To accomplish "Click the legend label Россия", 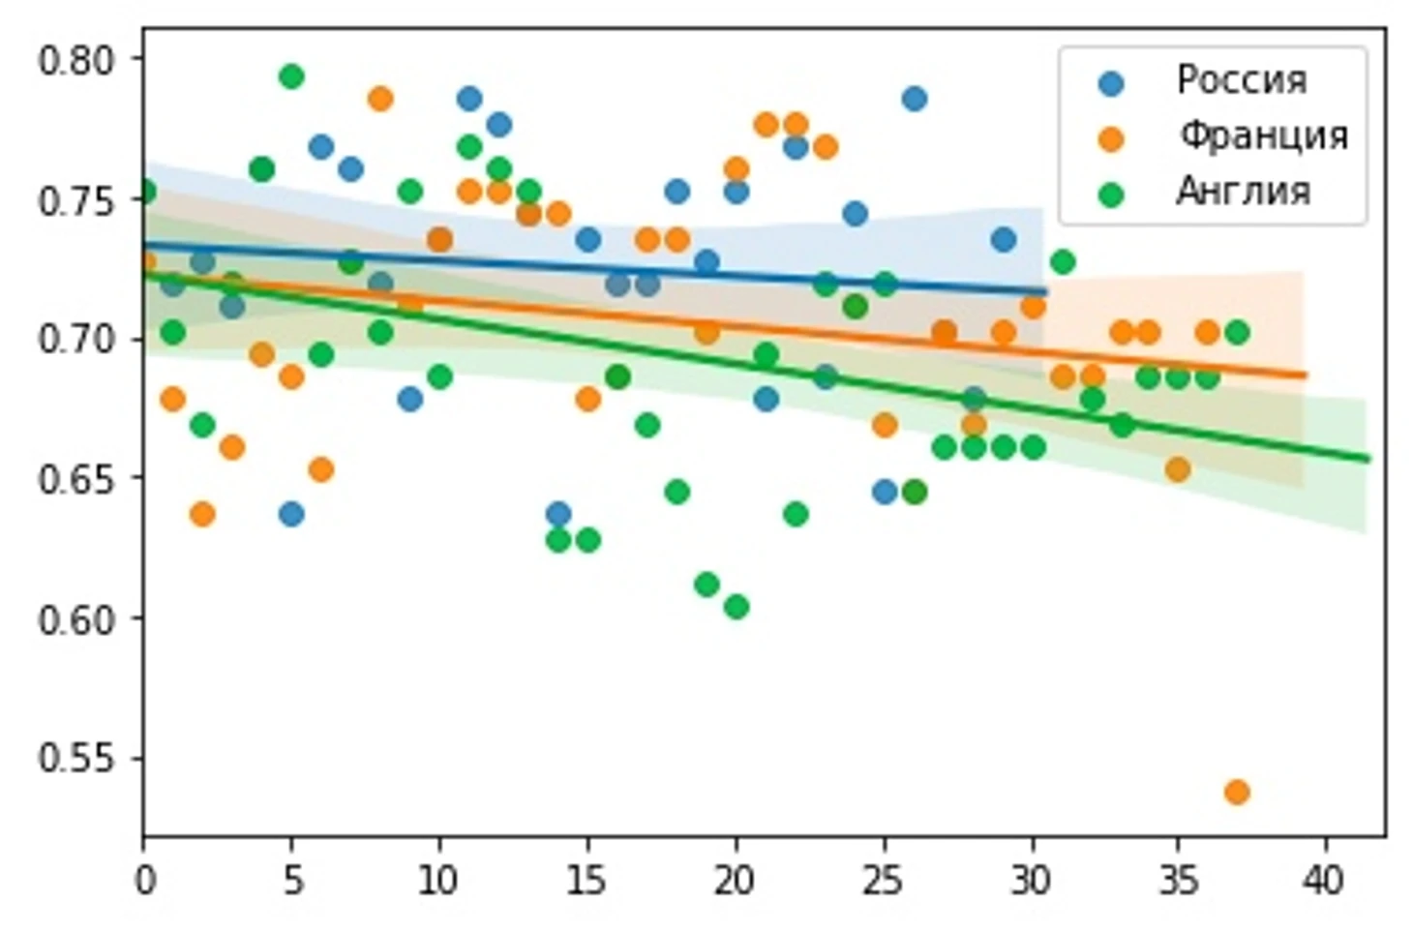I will pyautogui.click(x=1241, y=79).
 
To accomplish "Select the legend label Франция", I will pyautogui.click(x=1262, y=135).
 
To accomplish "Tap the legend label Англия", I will pyautogui.click(x=1243, y=192).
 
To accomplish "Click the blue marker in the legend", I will pyautogui.click(x=1112, y=82).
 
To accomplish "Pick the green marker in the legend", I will pyautogui.click(x=1112, y=195).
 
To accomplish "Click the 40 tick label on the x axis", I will pyautogui.click(x=1324, y=881).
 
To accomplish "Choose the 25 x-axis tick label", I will pyautogui.click(x=883, y=881).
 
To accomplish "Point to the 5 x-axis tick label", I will pyautogui.click(x=292, y=881).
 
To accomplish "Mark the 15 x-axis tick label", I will pyautogui.click(x=586, y=881).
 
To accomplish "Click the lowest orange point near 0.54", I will pyautogui.click(x=1236, y=792).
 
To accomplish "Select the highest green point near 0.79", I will pyautogui.click(x=291, y=76).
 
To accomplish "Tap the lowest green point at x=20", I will pyautogui.click(x=736, y=607).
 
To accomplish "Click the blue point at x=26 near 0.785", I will pyautogui.click(x=914, y=99).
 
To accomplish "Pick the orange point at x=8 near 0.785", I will pyautogui.click(x=380, y=99).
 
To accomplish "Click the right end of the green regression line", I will pyautogui.click(x=1368, y=459).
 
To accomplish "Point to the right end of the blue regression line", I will pyautogui.click(x=1045, y=291).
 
